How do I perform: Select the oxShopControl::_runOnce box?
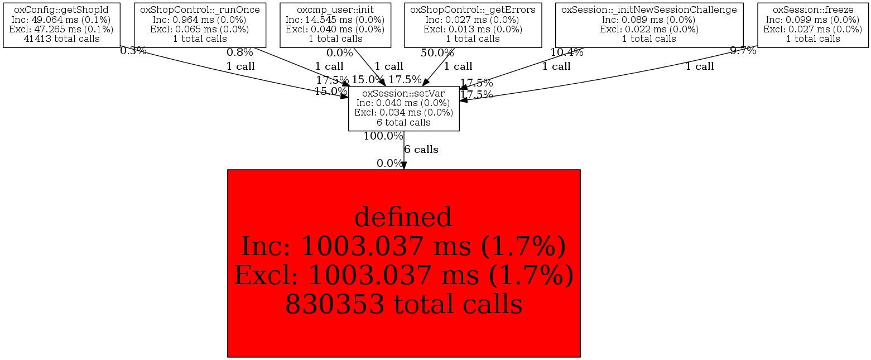click(200, 25)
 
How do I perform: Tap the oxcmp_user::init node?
click(335, 25)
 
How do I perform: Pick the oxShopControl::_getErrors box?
click(473, 25)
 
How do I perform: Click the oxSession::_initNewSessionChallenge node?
click(649, 25)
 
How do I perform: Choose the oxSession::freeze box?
click(813, 25)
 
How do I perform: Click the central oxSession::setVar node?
click(403, 108)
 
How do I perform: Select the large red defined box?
click(403, 263)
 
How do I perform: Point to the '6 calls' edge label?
click(421, 150)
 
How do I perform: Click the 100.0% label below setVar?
click(383, 136)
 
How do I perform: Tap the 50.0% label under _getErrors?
click(437, 53)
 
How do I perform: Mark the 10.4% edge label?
click(566, 53)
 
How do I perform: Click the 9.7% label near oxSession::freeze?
click(743, 51)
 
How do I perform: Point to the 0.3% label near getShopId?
click(133, 51)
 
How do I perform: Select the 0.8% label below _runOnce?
click(239, 53)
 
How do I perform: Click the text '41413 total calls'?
click(61, 39)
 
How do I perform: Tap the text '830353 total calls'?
click(403, 305)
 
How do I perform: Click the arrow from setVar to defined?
click(403, 151)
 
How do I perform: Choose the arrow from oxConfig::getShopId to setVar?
click(234, 73)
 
